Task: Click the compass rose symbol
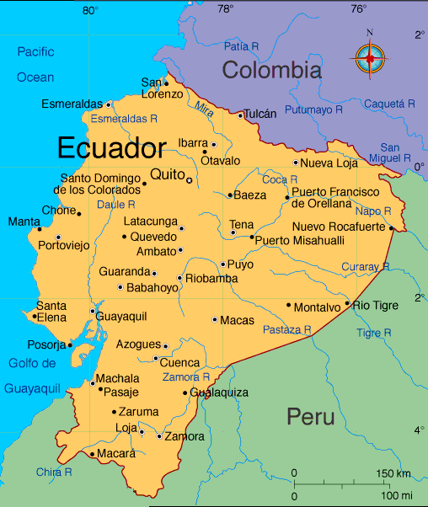(369, 57)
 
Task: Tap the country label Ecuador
(111, 149)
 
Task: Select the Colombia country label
(271, 70)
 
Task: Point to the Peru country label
(310, 416)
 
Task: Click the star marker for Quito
(190, 180)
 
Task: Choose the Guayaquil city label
(122, 316)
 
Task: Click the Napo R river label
(373, 211)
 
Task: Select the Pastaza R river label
(287, 329)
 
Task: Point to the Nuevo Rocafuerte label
(339, 227)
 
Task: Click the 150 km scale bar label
(393, 472)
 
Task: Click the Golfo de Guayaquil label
(33, 376)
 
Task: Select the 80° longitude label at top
(90, 10)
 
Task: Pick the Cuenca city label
(185, 362)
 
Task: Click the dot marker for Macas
(215, 319)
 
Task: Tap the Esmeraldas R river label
(124, 118)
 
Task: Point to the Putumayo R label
(313, 109)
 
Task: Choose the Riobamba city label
(206, 279)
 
